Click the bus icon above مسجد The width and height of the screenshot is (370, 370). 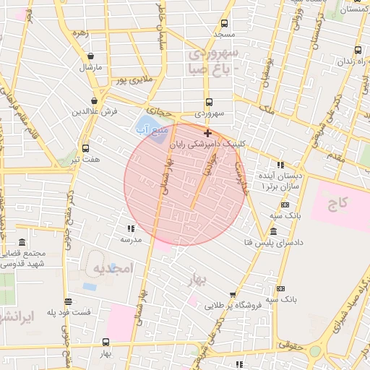(224, 22)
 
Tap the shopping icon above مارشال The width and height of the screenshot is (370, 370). (90, 56)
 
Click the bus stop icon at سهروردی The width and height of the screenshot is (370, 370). (209, 102)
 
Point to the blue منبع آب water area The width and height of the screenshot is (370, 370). (147, 127)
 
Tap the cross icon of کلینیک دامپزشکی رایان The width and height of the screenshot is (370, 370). (208, 133)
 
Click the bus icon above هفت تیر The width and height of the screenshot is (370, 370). (85, 147)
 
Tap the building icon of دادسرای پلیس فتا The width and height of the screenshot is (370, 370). (272, 231)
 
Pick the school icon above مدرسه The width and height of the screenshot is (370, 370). (131, 228)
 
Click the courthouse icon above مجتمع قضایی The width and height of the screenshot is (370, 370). (22, 242)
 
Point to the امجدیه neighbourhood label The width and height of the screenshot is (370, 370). (113, 268)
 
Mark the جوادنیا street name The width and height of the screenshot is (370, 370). (210, 163)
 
